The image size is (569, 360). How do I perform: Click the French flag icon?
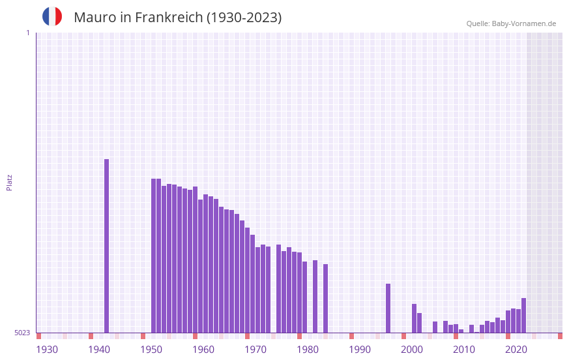point(52,16)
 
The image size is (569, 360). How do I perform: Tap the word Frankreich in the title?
point(169,18)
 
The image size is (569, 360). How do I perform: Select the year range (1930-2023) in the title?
point(244,18)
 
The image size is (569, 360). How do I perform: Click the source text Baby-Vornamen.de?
point(524,23)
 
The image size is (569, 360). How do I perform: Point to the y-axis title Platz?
point(9,182)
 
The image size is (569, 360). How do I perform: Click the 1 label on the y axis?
point(27,33)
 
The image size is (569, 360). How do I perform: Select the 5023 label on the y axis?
point(22,333)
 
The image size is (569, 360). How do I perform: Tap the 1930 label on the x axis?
point(47,350)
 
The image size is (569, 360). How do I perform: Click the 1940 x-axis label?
point(99,350)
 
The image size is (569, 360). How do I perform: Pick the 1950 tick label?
point(151,350)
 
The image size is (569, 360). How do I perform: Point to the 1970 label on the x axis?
point(255,350)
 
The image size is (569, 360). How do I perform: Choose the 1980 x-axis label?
point(308,350)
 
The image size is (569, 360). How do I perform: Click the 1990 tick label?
point(360,350)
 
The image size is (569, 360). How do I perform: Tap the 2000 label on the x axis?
point(412,350)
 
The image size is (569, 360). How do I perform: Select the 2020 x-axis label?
point(516,350)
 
